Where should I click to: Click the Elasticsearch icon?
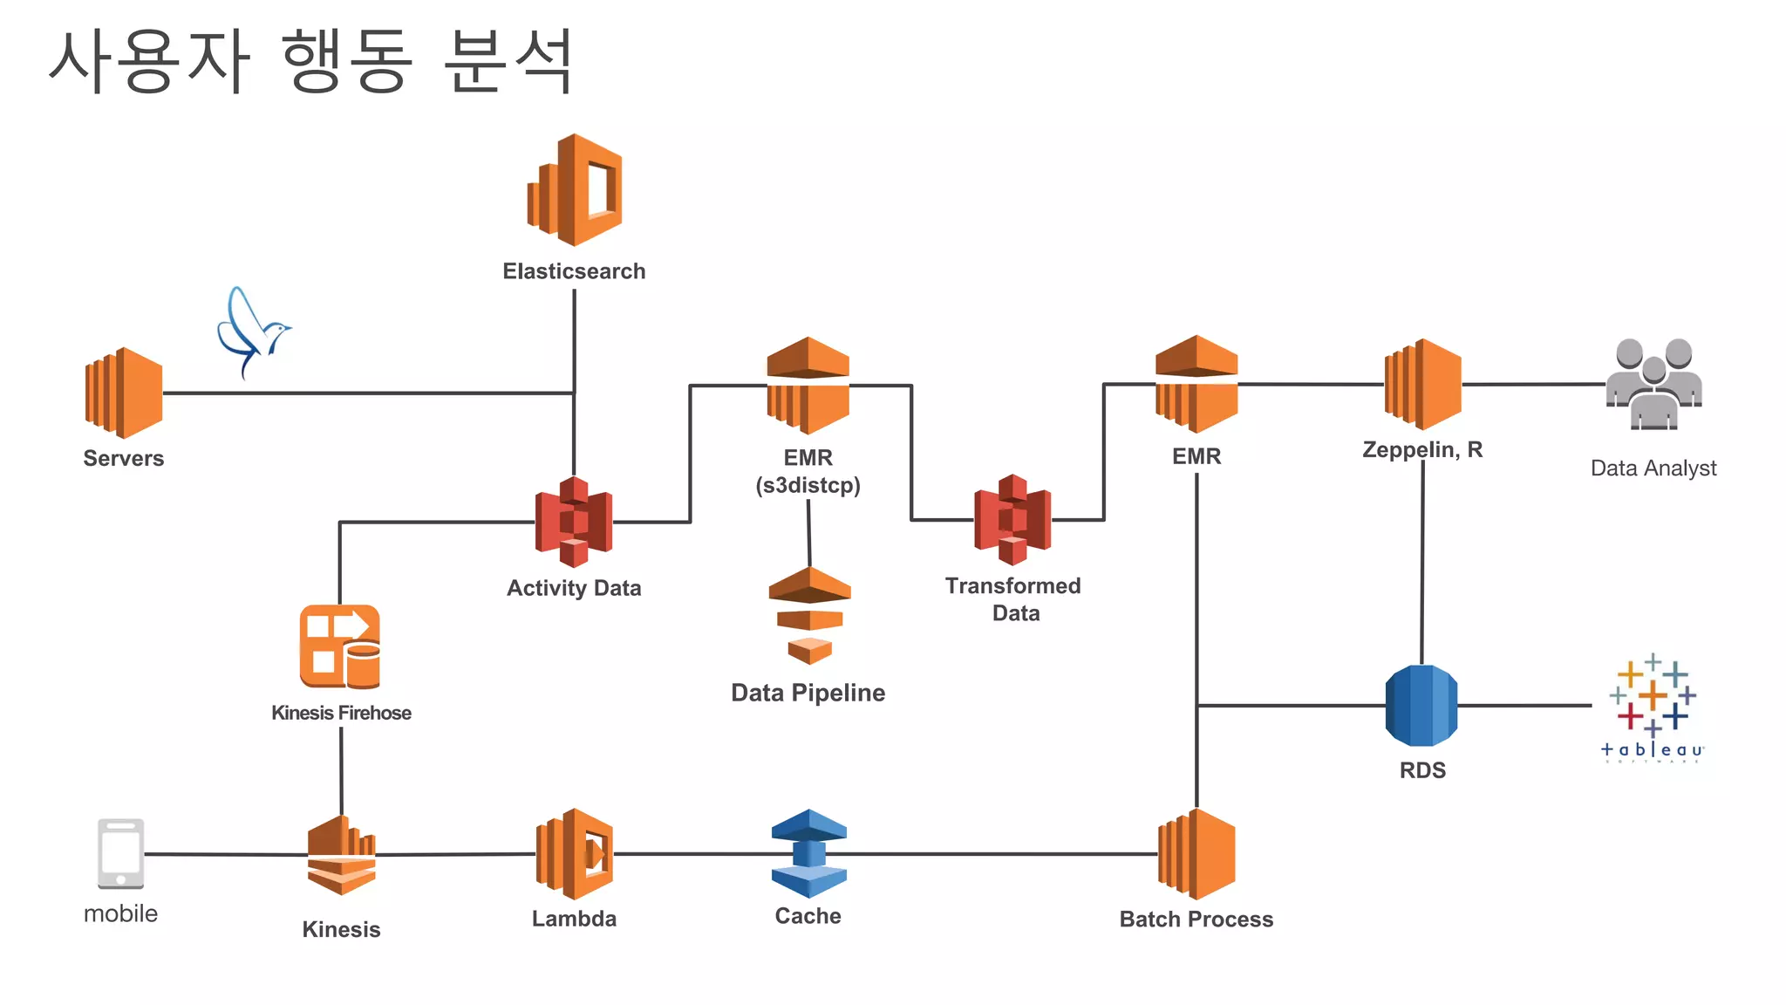click(x=575, y=190)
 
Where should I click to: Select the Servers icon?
click(x=124, y=393)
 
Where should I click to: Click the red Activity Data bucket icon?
click(x=574, y=522)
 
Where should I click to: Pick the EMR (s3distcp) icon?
click(x=808, y=386)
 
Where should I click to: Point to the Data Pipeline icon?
click(x=809, y=616)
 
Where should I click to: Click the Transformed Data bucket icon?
click(x=1012, y=520)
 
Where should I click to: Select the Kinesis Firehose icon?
click(x=340, y=646)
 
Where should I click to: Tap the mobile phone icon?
click(x=120, y=854)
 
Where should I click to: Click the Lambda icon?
click(x=575, y=854)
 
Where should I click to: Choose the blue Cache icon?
click(x=808, y=854)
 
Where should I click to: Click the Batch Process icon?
click(x=1196, y=854)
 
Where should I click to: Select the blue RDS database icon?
click(x=1421, y=705)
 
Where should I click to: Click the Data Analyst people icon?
click(x=1653, y=385)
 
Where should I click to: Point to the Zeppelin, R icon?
click(x=1423, y=385)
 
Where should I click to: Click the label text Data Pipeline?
click(x=808, y=693)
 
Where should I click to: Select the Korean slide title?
click(x=310, y=61)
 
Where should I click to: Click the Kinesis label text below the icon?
click(x=341, y=929)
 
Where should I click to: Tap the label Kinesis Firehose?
click(x=341, y=713)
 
